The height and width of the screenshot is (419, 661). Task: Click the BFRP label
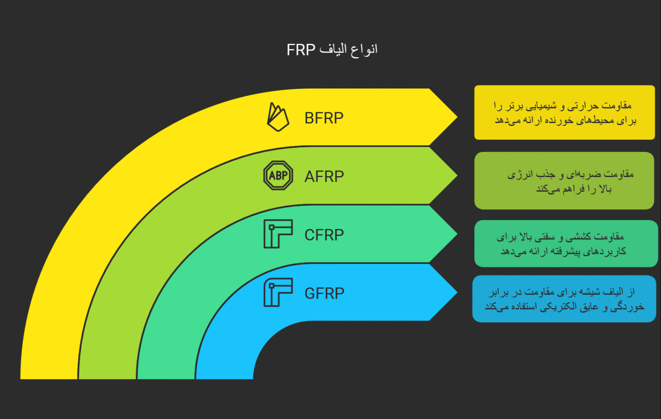324,118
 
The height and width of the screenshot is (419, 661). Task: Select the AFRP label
324,177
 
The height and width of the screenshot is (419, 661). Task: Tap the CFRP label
324,235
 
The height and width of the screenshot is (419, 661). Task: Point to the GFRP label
324,294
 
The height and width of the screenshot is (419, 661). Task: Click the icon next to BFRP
278,117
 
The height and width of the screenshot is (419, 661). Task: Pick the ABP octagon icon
278,175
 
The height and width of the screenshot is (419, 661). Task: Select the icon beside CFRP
278,234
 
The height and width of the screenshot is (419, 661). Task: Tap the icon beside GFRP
278,292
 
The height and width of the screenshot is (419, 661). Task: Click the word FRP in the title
301,50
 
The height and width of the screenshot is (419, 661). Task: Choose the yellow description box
564,112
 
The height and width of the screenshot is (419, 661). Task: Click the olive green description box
564,180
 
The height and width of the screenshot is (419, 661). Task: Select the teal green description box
566,243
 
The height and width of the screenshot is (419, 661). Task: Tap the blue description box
564,299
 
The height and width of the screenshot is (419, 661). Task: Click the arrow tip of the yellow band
457,117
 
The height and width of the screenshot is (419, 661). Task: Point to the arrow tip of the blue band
457,292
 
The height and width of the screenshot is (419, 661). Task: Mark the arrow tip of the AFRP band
457,175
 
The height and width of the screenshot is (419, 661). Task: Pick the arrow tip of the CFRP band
457,234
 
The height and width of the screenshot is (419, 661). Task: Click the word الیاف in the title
333,49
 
